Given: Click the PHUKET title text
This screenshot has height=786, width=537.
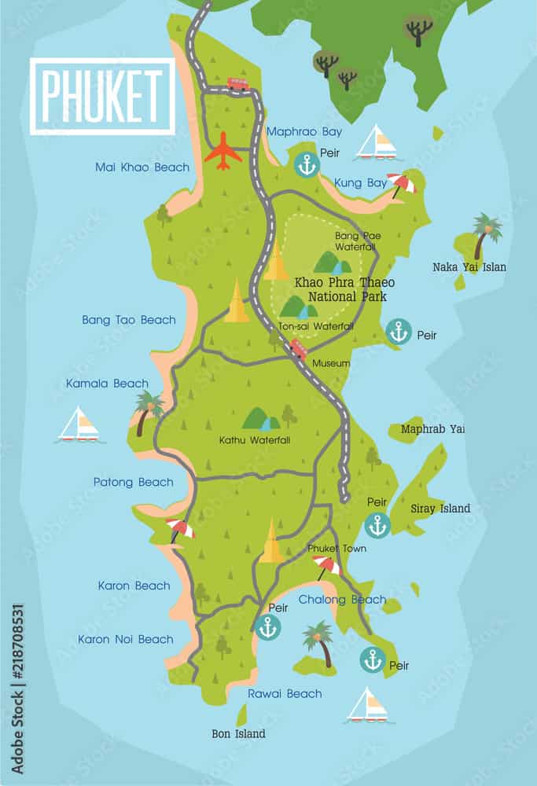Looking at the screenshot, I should pyautogui.click(x=102, y=96).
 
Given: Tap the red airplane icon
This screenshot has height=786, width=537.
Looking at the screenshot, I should pyautogui.click(x=223, y=151).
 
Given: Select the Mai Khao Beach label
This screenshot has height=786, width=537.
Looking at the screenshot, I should pyautogui.click(x=142, y=167).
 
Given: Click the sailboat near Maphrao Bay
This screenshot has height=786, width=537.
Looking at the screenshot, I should pyautogui.click(x=377, y=143).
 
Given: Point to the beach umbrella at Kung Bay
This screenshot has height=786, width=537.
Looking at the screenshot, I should pyautogui.click(x=403, y=184).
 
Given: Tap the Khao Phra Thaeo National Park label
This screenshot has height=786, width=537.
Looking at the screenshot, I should pyautogui.click(x=344, y=289).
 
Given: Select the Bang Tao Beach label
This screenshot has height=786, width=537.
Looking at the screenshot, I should pyautogui.click(x=129, y=320).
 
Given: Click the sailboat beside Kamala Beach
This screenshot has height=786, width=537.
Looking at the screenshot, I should pyautogui.click(x=79, y=424).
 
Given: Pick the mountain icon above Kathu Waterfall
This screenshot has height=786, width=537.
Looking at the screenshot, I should pyautogui.click(x=261, y=418).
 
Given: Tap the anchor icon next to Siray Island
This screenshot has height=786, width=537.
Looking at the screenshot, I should pyautogui.click(x=378, y=525).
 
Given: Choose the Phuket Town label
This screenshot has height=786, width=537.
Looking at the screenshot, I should pyautogui.click(x=337, y=549).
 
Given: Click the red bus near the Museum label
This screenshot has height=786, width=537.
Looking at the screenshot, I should pyautogui.click(x=298, y=350).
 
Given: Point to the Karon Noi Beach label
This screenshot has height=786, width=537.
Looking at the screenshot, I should pyautogui.click(x=125, y=639).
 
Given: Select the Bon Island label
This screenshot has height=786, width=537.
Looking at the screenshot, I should pyautogui.click(x=239, y=733).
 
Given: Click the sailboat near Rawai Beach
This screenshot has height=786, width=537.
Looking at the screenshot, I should pyautogui.click(x=368, y=706).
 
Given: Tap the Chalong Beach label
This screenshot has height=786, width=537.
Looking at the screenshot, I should pyautogui.click(x=342, y=600).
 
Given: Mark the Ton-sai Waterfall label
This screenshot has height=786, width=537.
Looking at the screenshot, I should pyautogui.click(x=316, y=326).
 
